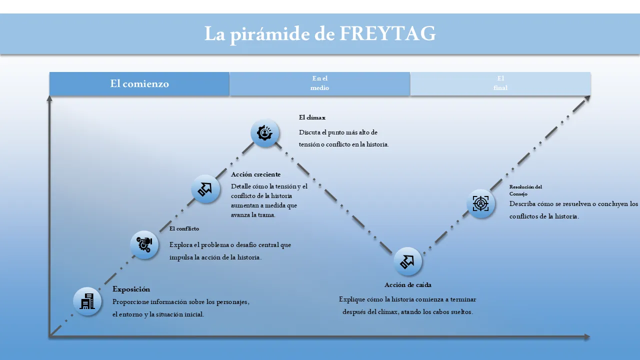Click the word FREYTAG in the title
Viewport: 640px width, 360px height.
click(387, 33)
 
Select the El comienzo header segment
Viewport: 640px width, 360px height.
click(139, 83)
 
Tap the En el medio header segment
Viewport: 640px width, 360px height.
click(319, 83)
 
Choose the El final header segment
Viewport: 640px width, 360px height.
click(500, 83)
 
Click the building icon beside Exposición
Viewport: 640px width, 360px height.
click(87, 301)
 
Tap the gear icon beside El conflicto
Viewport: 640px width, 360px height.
click(144, 245)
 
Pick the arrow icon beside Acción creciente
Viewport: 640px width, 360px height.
click(205, 189)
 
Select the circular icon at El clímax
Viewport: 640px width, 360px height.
click(264, 133)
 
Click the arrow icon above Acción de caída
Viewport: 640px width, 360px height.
click(407, 261)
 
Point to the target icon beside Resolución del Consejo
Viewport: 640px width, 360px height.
click(481, 203)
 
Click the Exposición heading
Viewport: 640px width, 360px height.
click(131, 289)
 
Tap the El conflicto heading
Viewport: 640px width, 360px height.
click(184, 228)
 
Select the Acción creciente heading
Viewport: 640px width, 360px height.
click(255, 174)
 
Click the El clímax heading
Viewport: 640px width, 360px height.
click(312, 117)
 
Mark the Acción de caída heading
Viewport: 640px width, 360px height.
click(407, 285)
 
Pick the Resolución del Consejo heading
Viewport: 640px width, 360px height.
click(525, 190)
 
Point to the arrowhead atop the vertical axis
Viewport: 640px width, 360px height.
click(49, 98)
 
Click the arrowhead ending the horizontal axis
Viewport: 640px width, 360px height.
click(587, 337)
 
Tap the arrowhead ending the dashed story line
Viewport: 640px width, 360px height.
click(587, 98)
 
